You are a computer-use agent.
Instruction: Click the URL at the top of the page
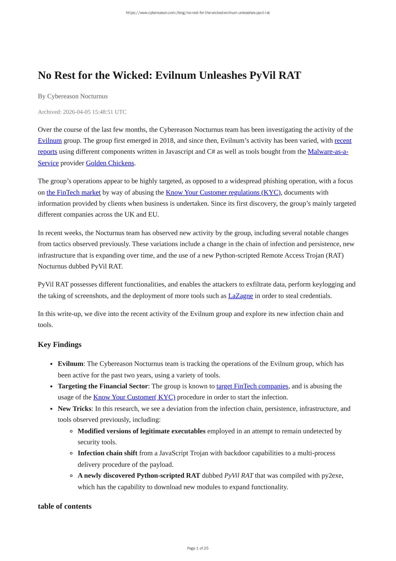tap(198, 13)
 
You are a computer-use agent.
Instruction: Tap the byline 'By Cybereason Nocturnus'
tap(73, 96)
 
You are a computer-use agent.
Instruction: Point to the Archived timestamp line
tap(82, 112)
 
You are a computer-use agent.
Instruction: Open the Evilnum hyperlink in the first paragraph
tap(50, 141)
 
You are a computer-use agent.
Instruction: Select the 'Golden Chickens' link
tap(110, 163)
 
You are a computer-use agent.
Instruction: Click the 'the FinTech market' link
tap(73, 192)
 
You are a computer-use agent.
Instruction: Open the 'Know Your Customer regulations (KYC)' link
tap(223, 192)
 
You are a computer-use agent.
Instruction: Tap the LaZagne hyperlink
tap(240, 296)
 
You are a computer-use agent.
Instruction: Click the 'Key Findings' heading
tap(60, 344)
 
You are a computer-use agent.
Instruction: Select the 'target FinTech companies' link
tap(252, 386)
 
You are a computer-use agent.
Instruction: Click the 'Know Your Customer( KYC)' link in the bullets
tap(134, 397)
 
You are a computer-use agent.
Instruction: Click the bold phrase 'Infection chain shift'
tap(107, 453)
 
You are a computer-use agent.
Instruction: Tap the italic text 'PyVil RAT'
tap(239, 475)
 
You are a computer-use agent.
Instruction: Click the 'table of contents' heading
tap(65, 506)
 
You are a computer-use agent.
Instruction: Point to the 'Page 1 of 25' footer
tap(198, 548)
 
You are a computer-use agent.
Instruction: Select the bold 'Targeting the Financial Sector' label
tap(103, 386)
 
